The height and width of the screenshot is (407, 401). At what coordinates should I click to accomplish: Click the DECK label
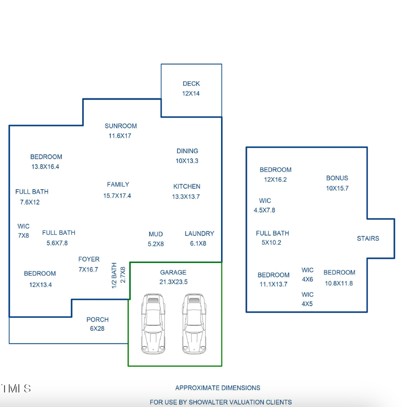(191, 84)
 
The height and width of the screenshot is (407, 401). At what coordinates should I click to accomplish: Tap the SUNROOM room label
(120, 126)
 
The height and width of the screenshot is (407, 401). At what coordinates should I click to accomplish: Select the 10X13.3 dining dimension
(187, 161)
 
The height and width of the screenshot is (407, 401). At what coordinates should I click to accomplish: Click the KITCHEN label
(186, 186)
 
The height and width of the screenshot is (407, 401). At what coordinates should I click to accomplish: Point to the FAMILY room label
(118, 185)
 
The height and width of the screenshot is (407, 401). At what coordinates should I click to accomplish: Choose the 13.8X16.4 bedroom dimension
(46, 167)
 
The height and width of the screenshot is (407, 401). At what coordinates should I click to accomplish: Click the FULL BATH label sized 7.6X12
(32, 192)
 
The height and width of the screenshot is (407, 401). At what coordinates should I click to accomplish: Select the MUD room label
(155, 234)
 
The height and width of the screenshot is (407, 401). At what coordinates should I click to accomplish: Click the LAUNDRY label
(199, 234)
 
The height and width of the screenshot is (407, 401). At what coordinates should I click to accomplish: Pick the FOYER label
(89, 259)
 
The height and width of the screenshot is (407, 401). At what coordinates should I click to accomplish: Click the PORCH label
(97, 319)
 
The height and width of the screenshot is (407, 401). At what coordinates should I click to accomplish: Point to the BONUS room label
(337, 178)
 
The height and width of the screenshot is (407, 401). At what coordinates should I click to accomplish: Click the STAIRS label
(368, 238)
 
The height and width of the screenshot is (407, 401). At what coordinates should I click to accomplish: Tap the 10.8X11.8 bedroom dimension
(339, 283)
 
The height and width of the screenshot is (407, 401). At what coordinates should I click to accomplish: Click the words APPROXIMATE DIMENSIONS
(218, 388)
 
